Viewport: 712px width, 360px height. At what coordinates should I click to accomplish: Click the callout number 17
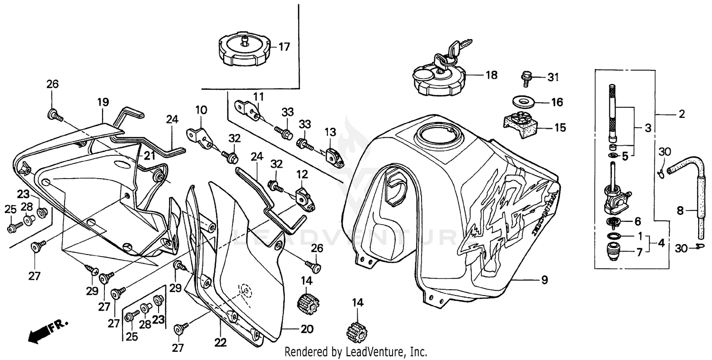click(284, 47)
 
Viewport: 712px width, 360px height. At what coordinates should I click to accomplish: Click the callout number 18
click(491, 75)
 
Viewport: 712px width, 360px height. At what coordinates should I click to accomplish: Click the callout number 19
click(103, 102)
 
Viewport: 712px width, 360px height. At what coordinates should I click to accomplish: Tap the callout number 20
click(307, 328)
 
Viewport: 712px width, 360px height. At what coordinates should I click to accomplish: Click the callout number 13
click(330, 132)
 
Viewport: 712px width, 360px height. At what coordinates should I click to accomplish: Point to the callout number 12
click(302, 175)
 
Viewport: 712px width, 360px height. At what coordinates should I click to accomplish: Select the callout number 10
click(201, 110)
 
